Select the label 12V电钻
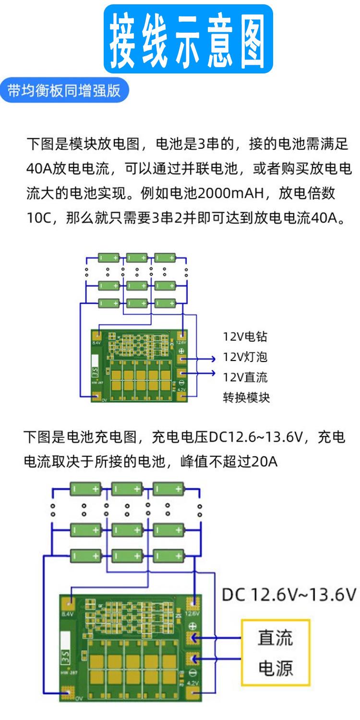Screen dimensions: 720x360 245,336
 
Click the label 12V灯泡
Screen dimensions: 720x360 245,357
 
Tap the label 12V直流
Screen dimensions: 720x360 245,377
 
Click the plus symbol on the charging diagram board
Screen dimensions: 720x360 193,626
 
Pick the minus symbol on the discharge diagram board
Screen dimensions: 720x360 181,383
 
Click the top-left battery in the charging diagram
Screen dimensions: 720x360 86,489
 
